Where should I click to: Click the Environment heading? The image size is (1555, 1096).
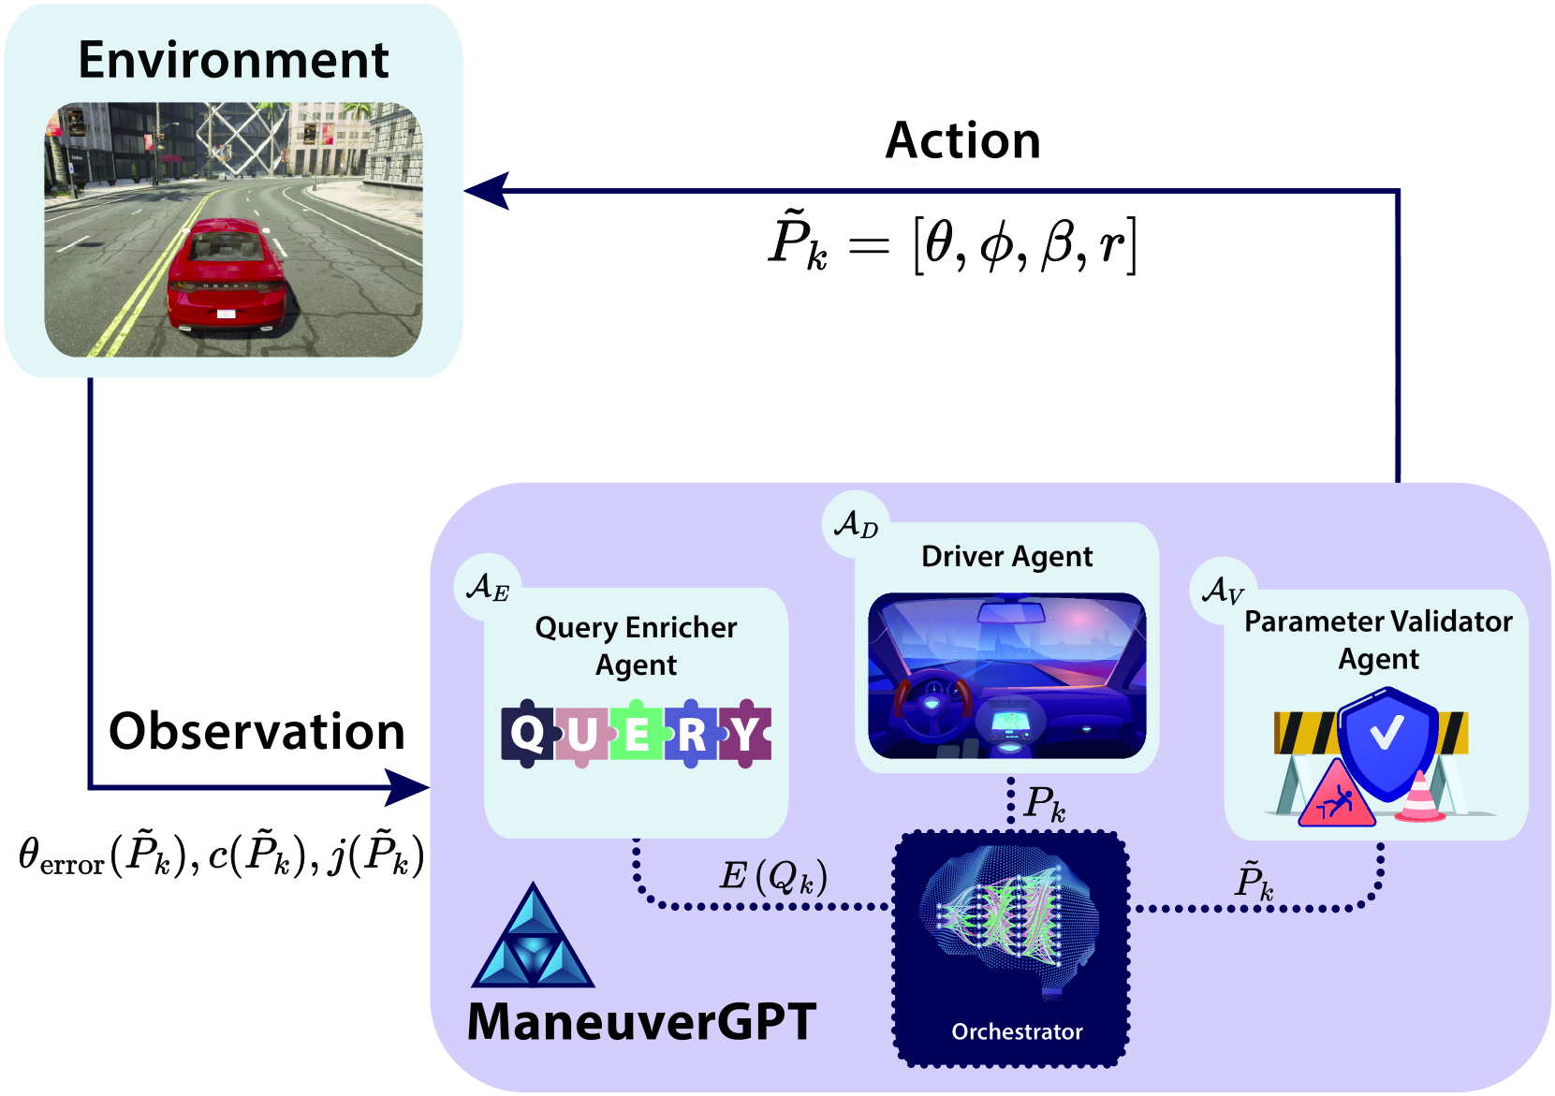tap(233, 60)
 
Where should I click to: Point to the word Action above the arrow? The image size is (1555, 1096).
tap(962, 141)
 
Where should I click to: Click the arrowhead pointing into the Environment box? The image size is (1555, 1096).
tap(487, 191)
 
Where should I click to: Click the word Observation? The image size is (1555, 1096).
tap(257, 731)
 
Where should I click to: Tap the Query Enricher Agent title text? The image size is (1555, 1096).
tap(636, 646)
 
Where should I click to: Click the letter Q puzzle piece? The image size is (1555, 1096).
tap(527, 733)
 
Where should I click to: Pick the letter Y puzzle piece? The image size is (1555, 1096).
tap(745, 733)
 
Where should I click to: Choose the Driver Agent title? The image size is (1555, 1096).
tap(1006, 557)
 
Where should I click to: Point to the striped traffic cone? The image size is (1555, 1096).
tap(1419, 797)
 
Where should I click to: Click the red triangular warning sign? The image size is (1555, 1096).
tap(1336, 797)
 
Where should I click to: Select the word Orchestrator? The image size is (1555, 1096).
tap(1017, 1031)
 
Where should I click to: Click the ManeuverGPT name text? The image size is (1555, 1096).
tap(641, 1021)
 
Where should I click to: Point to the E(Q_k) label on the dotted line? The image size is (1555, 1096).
tap(773, 876)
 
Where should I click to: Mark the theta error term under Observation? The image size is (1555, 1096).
tap(62, 856)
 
